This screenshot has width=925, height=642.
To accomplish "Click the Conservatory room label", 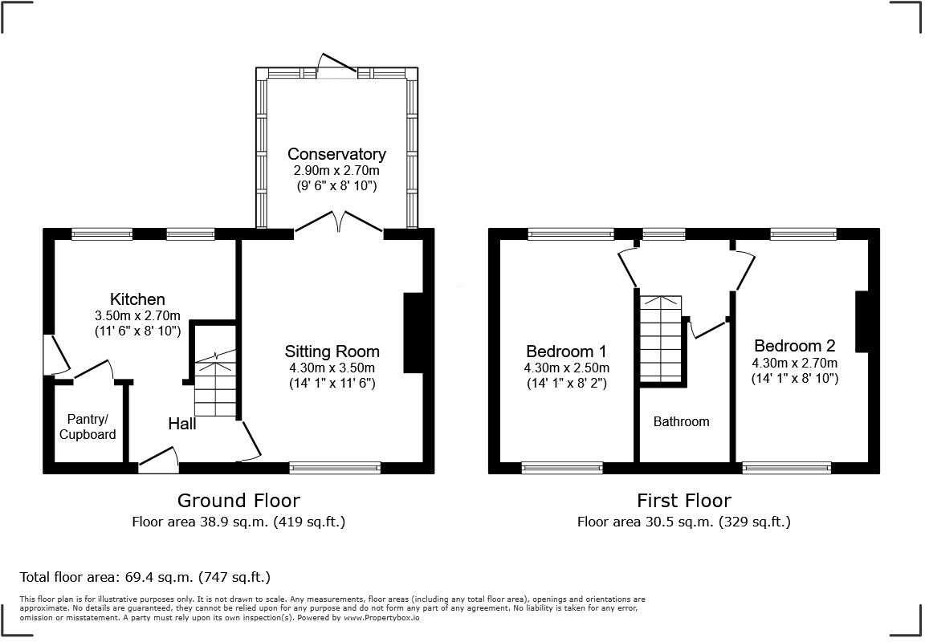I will [336, 154].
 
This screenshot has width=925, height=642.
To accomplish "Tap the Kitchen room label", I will [137, 299].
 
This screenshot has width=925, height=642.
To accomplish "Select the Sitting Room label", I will [332, 351].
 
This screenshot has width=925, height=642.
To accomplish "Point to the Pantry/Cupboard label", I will [91, 427].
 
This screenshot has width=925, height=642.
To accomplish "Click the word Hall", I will [182, 424].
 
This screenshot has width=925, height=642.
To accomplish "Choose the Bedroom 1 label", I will [566, 351].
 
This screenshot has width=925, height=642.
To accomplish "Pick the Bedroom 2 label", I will [794, 346].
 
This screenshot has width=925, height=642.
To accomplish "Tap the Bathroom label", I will [681, 421].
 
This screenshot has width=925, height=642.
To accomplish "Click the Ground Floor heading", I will [238, 501].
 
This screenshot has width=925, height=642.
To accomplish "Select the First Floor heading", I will [684, 501].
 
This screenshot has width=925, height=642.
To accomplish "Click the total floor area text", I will [145, 577].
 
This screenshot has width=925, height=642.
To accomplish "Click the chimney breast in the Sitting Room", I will [413, 333].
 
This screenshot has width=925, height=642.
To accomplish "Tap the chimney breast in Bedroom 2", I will [862, 321].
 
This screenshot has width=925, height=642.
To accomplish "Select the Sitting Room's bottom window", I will [335, 467].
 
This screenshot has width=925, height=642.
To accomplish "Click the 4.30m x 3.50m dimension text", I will [332, 368].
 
